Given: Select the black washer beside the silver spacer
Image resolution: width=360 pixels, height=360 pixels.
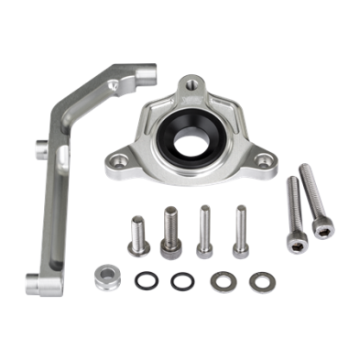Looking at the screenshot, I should (143, 278).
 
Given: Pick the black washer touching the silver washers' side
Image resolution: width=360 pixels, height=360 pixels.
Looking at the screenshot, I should (180, 278).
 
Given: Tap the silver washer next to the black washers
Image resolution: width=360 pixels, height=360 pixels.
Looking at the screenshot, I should (220, 279).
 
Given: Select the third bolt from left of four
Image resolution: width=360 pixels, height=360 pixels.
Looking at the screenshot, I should (205, 230).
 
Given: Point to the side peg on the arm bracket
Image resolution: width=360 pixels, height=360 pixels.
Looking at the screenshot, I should (40, 146).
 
